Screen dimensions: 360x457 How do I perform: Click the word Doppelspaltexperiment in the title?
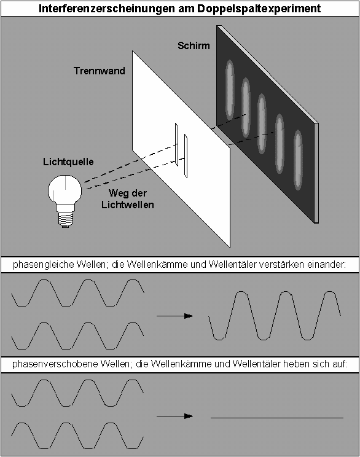pos(259,9)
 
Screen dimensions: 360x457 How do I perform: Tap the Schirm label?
pos(194,45)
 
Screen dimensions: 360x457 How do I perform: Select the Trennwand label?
pos(100,71)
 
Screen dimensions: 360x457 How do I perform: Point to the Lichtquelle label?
pos(69,162)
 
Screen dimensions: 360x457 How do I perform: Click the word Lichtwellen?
pos(128,205)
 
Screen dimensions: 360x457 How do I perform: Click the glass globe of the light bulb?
pos(65,190)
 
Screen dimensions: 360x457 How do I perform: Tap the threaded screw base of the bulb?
pos(65,219)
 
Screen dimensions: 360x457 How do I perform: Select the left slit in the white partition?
pos(177,144)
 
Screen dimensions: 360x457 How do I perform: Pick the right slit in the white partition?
pos(186,156)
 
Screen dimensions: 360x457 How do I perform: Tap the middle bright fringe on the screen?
pos(262,124)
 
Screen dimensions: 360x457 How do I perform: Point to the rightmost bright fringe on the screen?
pos(298,160)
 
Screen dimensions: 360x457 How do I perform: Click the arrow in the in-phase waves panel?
pos(175,316)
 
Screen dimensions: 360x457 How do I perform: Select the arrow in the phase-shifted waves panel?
pos(175,416)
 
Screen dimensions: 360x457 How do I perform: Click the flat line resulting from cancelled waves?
pos(277,418)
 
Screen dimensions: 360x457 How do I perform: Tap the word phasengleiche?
pos(44,265)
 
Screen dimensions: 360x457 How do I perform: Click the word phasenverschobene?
pos(55,364)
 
